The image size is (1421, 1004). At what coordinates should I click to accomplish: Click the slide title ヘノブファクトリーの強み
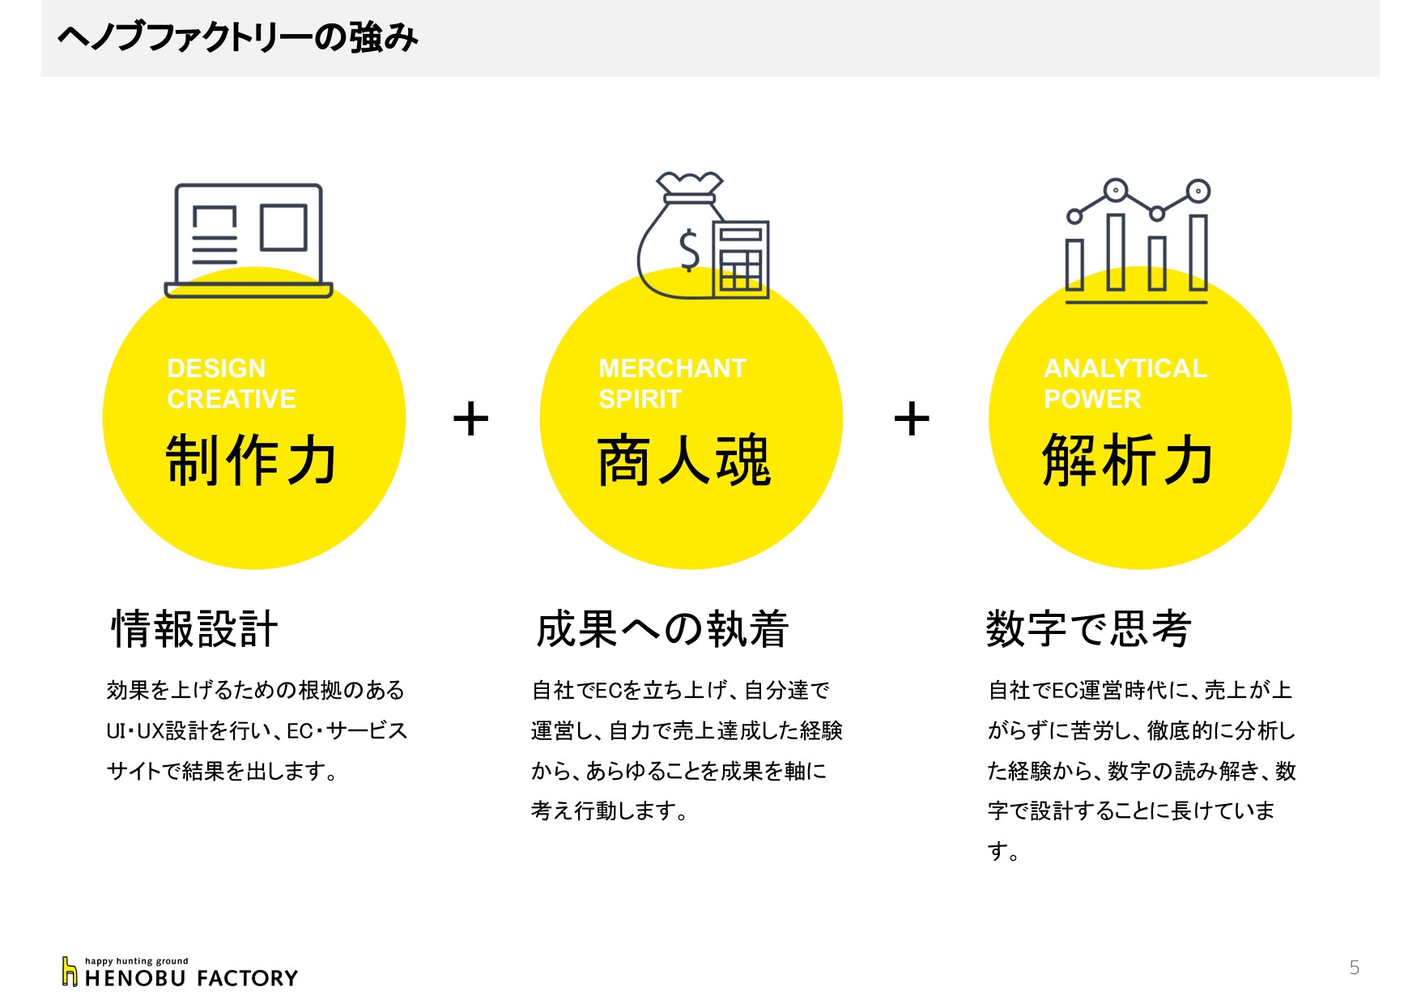coord(237,38)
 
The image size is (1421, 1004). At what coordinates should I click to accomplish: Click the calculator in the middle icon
coord(741,259)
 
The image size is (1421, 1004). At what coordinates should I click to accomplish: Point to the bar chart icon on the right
coord(1136,243)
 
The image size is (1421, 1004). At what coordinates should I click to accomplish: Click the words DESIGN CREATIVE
coord(232,384)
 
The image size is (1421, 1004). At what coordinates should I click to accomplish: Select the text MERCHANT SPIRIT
coord(672,384)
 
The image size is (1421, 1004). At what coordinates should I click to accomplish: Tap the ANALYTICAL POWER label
coord(1125,384)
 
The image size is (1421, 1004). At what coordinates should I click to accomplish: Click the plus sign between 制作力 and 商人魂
coord(470,419)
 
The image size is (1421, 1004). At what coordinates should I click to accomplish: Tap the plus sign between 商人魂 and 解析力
coord(912,419)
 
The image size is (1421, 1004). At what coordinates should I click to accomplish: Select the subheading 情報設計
coord(194,629)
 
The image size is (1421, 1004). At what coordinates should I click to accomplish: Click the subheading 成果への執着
coord(662,629)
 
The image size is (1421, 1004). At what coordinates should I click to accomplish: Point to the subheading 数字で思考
coord(1088,629)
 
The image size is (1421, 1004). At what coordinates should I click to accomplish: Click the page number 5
coord(1354,968)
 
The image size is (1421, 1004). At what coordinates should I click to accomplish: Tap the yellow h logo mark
coord(70,972)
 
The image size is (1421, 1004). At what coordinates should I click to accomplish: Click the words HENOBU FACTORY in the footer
coord(191,979)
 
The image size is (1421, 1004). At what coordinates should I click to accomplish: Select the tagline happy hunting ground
coord(136,961)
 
